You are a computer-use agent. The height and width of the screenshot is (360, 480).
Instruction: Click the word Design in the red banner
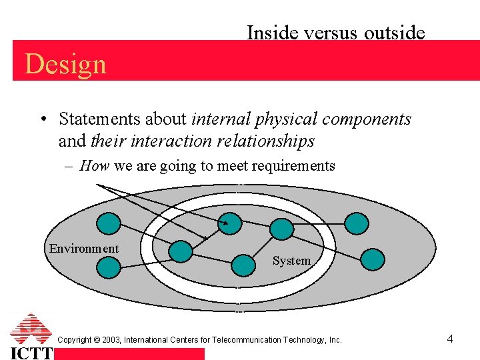click(65, 64)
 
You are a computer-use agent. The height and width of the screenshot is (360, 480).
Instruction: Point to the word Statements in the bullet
click(93, 119)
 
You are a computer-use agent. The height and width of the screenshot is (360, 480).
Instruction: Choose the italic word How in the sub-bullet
click(94, 165)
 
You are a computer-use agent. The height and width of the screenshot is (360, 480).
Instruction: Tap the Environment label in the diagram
click(84, 249)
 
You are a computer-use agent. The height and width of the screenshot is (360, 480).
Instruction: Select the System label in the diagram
click(291, 261)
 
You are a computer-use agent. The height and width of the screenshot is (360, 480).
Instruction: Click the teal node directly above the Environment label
click(109, 223)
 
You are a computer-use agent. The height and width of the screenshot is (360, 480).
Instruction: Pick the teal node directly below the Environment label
click(109, 267)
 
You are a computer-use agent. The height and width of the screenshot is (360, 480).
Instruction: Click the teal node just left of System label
click(243, 265)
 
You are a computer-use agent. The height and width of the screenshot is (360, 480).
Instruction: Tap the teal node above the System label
click(282, 229)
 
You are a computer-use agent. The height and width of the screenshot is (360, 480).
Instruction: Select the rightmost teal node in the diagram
click(371, 259)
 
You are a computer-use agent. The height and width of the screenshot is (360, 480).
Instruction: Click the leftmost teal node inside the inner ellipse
click(180, 251)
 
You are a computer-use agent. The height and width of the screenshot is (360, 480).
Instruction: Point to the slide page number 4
click(450, 339)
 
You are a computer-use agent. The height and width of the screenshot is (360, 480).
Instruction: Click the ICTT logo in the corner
click(31, 337)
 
